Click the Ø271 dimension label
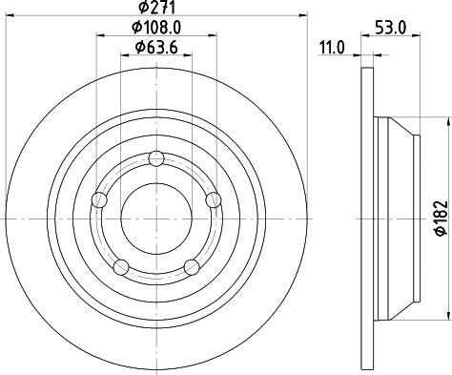point(157,8)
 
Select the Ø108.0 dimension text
point(156,28)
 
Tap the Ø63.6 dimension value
point(156,48)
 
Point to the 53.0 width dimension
point(391,28)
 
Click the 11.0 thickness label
point(332,48)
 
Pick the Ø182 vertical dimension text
point(442,219)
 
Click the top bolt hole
point(156,158)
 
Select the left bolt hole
point(99,200)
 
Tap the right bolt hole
point(214,200)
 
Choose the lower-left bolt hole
point(121,267)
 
